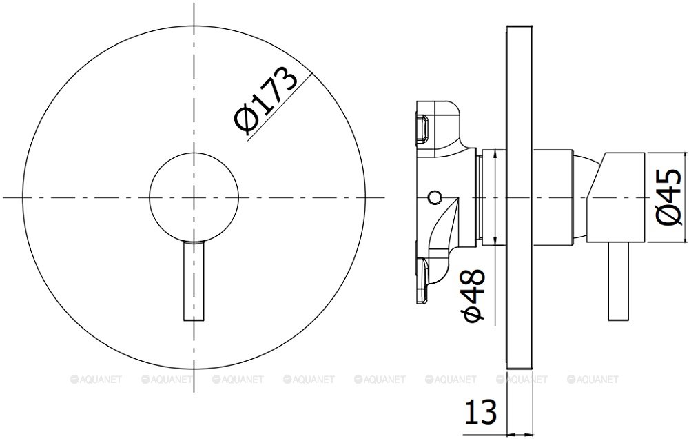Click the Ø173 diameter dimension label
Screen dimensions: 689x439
(266, 99)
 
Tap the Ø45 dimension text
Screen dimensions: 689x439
(669, 197)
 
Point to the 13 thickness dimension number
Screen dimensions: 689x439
(480, 411)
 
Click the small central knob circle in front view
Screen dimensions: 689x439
(194, 197)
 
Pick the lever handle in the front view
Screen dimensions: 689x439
(194, 281)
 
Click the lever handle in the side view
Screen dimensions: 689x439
(619, 281)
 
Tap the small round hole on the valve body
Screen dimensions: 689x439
(435, 197)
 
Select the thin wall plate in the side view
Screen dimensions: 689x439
(520, 197)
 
